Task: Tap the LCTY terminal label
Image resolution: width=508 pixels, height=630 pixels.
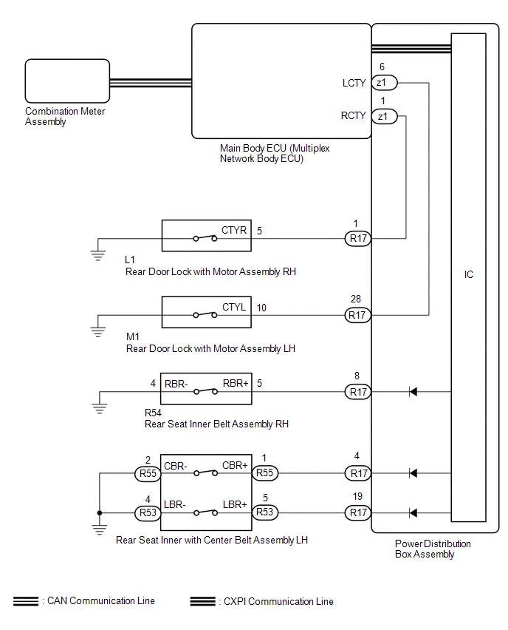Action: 354,83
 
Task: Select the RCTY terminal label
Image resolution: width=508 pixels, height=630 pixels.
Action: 353,115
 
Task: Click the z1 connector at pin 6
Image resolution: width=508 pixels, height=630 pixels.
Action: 385,83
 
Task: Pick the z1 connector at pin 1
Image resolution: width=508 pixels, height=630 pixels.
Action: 385,117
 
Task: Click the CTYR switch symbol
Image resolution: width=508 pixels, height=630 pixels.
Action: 205,238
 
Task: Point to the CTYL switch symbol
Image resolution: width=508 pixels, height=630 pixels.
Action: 205,315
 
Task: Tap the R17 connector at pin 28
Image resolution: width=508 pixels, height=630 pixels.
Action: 357,315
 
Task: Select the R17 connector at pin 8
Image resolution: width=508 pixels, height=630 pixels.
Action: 357,392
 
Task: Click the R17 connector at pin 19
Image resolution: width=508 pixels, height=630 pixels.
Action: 357,512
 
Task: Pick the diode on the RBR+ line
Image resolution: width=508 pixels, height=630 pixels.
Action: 413,391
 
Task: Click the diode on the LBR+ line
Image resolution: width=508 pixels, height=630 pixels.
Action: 413,512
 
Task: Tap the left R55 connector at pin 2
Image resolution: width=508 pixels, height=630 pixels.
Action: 148,474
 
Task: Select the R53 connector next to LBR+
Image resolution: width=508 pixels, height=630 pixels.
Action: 265,512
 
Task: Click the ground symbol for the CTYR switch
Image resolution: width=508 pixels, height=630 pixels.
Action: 98,255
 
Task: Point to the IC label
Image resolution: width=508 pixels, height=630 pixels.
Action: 469,274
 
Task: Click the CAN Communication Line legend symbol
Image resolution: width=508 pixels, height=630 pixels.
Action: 26,601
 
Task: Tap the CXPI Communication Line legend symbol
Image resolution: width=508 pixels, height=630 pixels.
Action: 202,601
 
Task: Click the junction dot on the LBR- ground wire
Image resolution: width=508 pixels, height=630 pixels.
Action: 100,513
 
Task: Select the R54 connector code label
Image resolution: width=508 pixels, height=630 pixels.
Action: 153,413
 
